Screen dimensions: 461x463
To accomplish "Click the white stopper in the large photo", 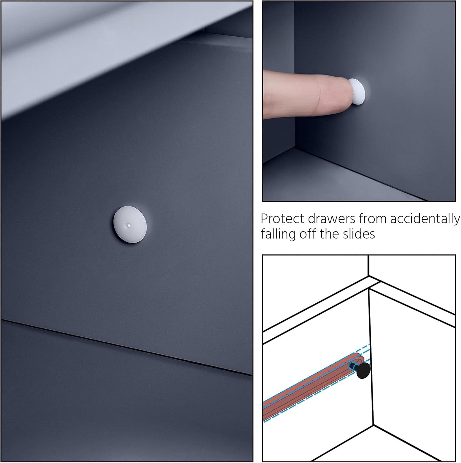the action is [130, 225].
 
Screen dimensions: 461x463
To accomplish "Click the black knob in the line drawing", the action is [364, 370].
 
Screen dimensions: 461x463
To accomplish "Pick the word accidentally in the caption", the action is [425, 219].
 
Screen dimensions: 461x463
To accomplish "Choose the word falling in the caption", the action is [278, 234].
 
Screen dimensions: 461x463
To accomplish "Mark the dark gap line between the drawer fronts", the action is [126, 347].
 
